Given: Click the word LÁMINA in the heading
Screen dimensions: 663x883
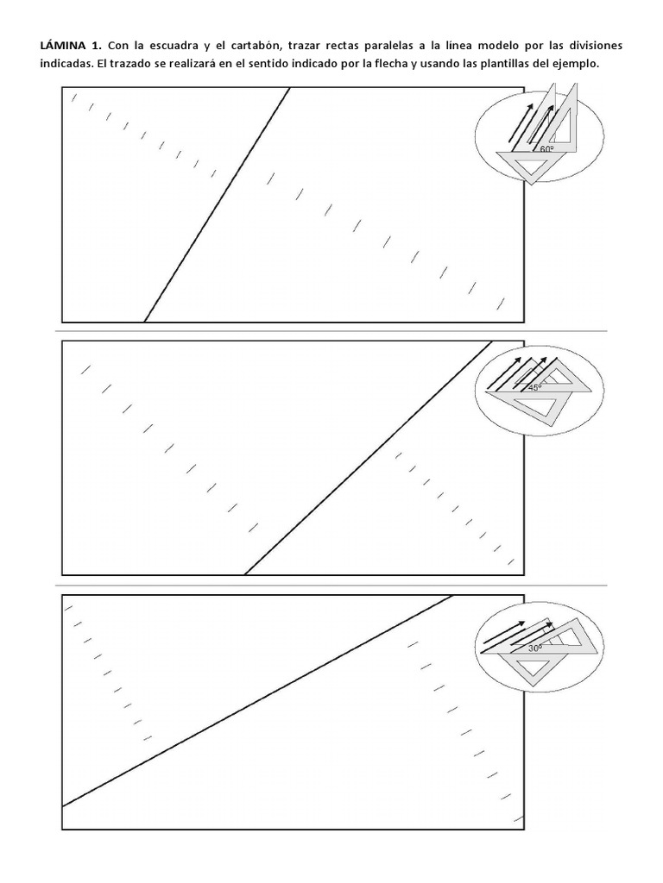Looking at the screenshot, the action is coord(61,45).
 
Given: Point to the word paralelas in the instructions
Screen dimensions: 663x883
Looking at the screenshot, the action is coord(386,46).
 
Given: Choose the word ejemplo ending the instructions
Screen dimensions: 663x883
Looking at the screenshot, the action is coord(578,64).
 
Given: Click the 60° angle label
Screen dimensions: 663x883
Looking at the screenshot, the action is coord(546,148).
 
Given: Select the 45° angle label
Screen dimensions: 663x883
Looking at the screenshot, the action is coord(534,387).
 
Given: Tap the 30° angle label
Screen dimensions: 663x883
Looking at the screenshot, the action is coord(535,648).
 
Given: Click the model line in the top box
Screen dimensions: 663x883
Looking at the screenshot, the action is coord(217,205).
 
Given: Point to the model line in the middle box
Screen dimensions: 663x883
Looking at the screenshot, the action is coord(368,458).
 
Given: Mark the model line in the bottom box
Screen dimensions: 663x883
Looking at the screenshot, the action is coord(257,700).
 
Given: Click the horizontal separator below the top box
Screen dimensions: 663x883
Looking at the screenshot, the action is coord(331,331).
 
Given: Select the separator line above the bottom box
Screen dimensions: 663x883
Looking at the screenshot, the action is coord(331,586).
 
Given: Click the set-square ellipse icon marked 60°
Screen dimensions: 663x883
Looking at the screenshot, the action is coord(540,135).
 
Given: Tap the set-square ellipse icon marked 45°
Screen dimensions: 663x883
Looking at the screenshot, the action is coord(540,391).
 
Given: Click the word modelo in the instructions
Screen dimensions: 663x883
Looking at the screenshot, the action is coord(498,46).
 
